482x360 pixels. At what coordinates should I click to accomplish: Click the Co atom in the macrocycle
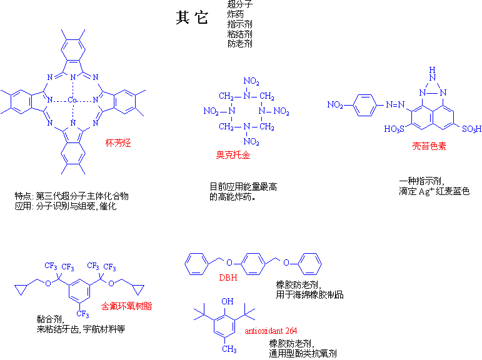[73, 100]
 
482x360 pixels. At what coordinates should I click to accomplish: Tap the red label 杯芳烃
[118, 142]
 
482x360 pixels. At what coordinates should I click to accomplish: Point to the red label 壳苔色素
[428, 146]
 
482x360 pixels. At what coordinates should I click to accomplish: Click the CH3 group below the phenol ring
[229, 349]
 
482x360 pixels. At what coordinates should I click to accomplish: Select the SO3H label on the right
[471, 129]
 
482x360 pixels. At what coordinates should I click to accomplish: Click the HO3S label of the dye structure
[394, 129]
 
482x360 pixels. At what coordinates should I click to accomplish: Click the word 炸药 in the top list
[236, 14]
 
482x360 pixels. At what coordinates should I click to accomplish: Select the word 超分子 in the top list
[240, 4]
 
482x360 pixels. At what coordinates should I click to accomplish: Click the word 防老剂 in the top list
[240, 44]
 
